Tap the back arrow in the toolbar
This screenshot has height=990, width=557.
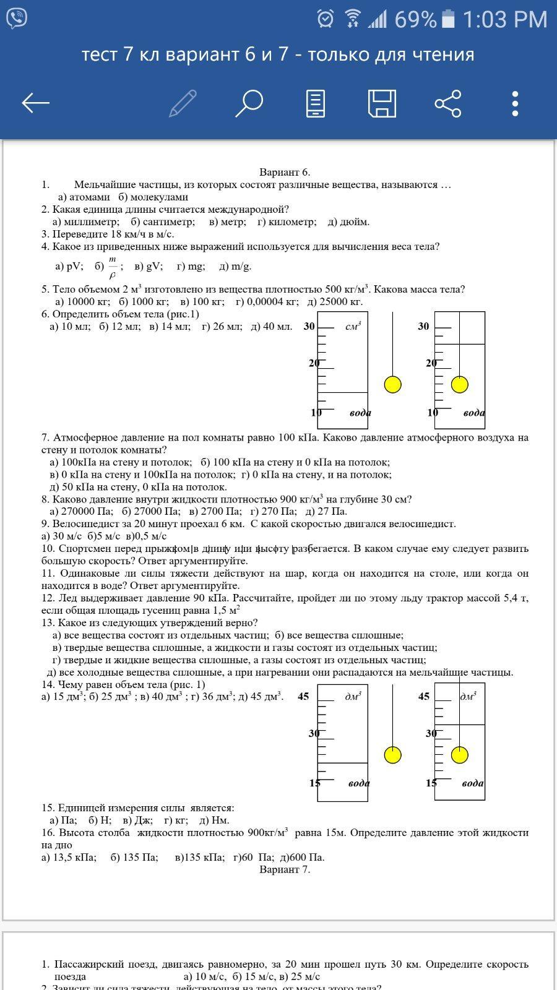click(x=35, y=103)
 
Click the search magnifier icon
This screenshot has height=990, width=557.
click(x=249, y=103)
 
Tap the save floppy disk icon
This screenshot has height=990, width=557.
click(x=382, y=103)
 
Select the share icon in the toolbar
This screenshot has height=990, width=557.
click(x=448, y=103)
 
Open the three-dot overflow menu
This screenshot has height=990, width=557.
click(x=515, y=103)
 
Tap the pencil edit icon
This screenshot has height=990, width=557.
click(x=183, y=103)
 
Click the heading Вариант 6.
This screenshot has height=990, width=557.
click(x=284, y=172)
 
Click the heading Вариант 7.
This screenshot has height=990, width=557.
click(x=284, y=869)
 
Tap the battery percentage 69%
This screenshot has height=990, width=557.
click(x=415, y=20)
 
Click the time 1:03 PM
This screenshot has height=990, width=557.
click(x=504, y=20)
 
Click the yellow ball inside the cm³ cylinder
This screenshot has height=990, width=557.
click(x=459, y=384)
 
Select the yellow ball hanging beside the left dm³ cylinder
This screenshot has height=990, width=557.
click(x=392, y=755)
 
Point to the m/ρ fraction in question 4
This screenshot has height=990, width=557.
click(x=113, y=267)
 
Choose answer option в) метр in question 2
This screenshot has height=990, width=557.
click(x=227, y=222)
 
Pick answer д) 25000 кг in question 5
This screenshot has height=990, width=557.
click(x=335, y=301)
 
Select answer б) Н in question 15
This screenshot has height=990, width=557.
click(x=100, y=820)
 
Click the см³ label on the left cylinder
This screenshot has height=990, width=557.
click(x=353, y=326)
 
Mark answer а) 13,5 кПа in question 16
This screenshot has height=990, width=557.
click(x=69, y=857)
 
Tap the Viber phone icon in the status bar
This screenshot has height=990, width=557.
click(x=17, y=19)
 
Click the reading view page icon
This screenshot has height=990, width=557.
click(x=316, y=103)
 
